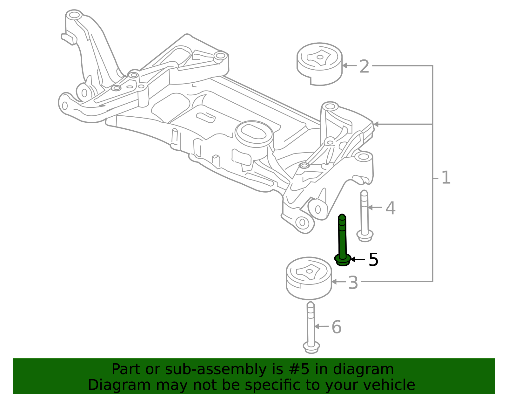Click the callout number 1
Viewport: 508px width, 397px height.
point(446,178)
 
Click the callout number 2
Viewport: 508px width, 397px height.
point(364,67)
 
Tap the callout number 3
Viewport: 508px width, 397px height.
point(353,283)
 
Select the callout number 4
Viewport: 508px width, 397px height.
point(390,209)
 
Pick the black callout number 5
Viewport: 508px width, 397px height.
point(373,260)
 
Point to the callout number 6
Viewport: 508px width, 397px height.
point(336,327)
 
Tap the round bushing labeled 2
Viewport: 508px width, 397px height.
point(319,64)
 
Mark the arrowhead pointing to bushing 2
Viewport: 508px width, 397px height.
point(345,65)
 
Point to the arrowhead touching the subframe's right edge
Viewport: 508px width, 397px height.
point(376,124)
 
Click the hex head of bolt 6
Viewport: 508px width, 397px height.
point(311,347)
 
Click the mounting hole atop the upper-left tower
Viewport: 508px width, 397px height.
point(74,15)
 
